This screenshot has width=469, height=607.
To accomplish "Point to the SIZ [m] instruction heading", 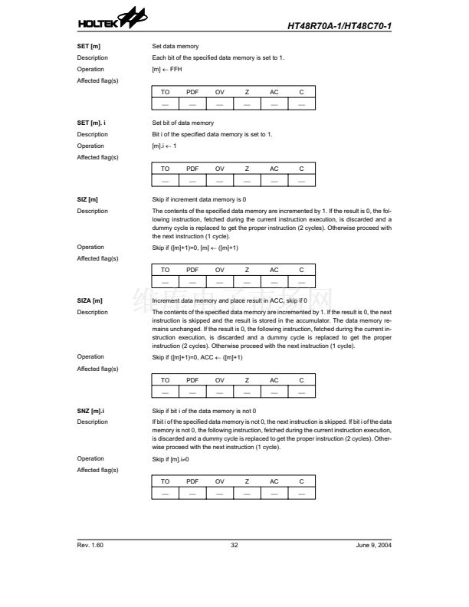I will pos(87,199).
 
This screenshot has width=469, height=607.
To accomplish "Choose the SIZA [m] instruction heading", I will pos(90,300).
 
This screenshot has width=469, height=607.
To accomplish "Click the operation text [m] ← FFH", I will pos(167,69).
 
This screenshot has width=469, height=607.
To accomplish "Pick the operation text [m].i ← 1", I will pos(165,146).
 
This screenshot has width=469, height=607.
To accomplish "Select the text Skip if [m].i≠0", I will pos(170,458).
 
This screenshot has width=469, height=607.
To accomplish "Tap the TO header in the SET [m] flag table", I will pos(166,92).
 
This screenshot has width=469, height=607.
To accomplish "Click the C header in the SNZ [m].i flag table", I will pos(301,481).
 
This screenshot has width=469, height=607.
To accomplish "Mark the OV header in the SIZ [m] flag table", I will pos(220,270).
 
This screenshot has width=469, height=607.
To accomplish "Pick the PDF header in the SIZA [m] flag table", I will pos(192,380).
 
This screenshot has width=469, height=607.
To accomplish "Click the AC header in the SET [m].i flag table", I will pos(274,169).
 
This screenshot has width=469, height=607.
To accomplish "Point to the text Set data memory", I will pos(175,47).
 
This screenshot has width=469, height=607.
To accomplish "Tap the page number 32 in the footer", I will pos(235,545).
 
